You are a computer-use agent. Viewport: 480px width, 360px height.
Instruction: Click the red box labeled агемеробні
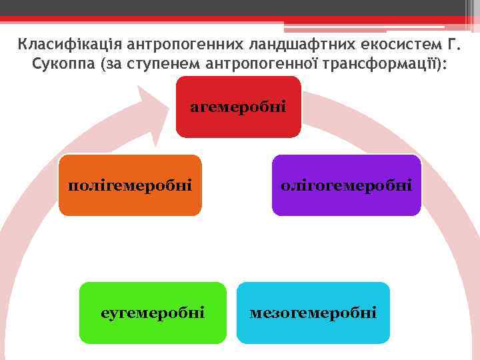(x=238, y=107)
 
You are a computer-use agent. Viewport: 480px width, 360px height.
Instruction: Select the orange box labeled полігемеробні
(x=130, y=185)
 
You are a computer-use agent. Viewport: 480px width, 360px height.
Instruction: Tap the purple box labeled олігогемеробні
(x=347, y=185)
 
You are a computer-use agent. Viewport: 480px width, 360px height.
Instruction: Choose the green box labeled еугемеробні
(x=153, y=313)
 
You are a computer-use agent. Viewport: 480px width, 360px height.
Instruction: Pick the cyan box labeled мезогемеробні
(x=313, y=313)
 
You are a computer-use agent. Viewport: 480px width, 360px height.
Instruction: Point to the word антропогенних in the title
(x=177, y=45)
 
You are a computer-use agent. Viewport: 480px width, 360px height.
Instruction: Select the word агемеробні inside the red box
(x=238, y=107)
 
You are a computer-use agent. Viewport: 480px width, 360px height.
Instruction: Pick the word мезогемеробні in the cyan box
(x=313, y=313)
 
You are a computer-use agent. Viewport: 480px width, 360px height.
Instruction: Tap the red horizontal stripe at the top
(x=200, y=19)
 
